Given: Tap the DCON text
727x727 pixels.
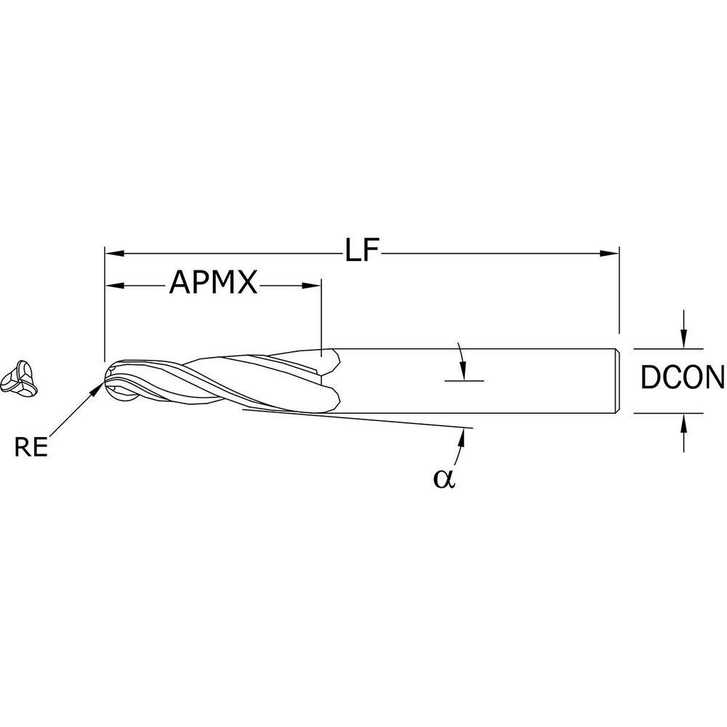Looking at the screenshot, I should pyautogui.click(x=682, y=378).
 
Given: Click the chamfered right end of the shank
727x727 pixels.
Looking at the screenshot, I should pyautogui.click(x=616, y=379).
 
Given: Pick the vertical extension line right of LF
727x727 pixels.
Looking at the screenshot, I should pyautogui.click(x=619, y=291).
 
